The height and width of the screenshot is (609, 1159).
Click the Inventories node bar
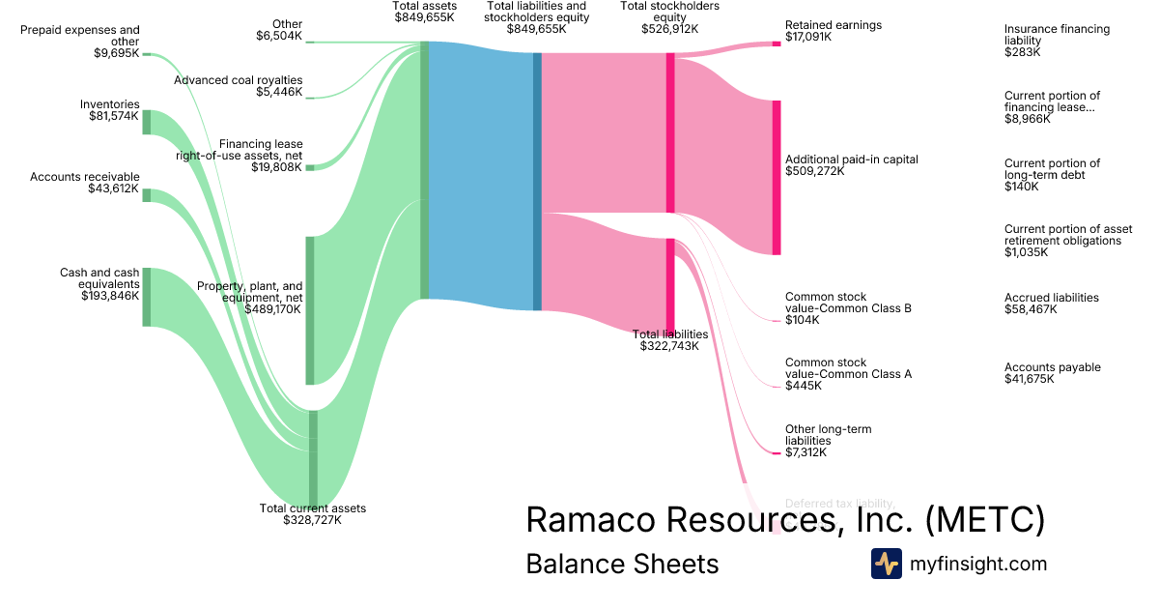click(x=147, y=123)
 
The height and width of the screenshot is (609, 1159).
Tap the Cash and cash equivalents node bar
click(x=147, y=297)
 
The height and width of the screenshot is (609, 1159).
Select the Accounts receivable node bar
click(x=147, y=195)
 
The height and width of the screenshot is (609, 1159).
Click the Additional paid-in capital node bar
click(x=776, y=177)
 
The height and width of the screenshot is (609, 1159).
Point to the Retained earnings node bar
click(x=776, y=43)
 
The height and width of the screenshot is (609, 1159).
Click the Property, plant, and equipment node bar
click(x=310, y=309)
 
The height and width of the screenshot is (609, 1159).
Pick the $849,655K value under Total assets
click(x=424, y=17)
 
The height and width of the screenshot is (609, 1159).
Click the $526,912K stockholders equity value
click(x=669, y=29)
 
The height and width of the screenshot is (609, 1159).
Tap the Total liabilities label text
click(x=670, y=334)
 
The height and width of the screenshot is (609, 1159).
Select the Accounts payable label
click(x=1052, y=367)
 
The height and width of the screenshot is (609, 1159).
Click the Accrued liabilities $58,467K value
click(x=1031, y=309)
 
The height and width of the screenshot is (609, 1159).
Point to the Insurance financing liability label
click(x=1057, y=35)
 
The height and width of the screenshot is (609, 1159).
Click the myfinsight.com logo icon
click(x=886, y=564)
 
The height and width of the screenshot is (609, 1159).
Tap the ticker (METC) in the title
click(x=984, y=519)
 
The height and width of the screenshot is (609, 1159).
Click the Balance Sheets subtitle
click(x=622, y=564)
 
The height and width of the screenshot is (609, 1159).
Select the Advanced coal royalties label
click(x=238, y=80)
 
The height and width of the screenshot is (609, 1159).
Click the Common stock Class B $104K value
click(x=802, y=320)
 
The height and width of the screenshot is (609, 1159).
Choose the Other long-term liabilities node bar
click(x=776, y=452)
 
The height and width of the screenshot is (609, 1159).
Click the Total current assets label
click(x=312, y=508)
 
